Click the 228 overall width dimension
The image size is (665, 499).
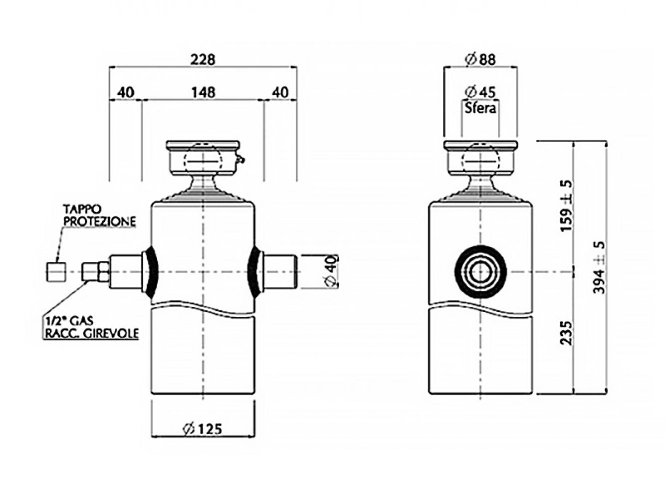[x=203, y=59]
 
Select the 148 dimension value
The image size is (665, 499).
[x=203, y=92]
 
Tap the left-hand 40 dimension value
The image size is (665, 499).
[x=125, y=92]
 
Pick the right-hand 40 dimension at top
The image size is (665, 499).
[x=280, y=92]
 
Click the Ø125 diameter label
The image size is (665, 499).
[x=202, y=429]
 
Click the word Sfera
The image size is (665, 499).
[x=480, y=108]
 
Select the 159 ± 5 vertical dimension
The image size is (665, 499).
[x=566, y=206]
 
